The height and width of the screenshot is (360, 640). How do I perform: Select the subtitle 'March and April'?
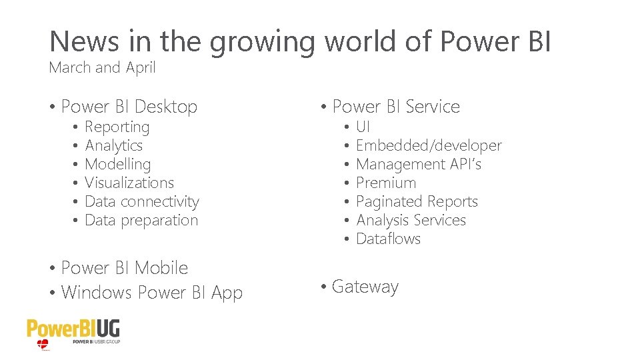click(102, 68)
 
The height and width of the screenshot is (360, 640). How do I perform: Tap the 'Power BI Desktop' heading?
click(129, 107)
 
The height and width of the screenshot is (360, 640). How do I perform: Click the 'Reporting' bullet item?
click(117, 127)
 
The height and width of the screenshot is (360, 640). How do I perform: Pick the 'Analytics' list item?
click(114, 146)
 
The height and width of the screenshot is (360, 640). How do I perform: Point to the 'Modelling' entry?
click(118, 165)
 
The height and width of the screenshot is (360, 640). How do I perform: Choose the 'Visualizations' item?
click(129, 183)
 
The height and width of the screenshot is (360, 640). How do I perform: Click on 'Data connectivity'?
click(142, 202)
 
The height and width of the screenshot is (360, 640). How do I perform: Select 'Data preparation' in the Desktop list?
click(141, 221)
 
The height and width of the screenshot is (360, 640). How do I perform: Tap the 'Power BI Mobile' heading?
click(125, 268)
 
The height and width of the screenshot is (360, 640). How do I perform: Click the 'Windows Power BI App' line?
click(152, 293)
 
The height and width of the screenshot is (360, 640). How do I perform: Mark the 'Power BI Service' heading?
click(396, 107)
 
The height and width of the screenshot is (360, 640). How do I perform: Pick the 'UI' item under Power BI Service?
click(363, 127)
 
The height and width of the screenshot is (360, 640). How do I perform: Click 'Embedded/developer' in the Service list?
click(429, 145)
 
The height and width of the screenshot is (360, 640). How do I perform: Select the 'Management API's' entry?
click(419, 164)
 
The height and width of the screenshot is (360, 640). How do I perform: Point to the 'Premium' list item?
click(386, 183)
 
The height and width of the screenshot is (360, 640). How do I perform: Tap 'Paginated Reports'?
click(417, 201)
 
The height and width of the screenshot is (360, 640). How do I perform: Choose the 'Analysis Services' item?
click(411, 220)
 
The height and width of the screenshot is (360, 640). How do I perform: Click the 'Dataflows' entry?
click(389, 239)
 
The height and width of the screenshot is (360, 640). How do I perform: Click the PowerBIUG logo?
click(73, 332)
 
